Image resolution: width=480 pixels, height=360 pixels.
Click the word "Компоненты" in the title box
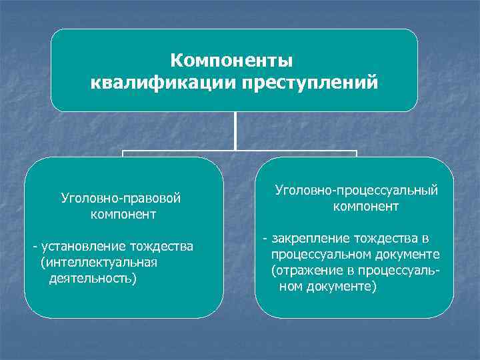coord(231,61)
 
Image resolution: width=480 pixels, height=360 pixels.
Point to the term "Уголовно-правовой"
coord(121,198)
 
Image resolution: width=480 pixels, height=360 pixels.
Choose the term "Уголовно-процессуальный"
coord(357,191)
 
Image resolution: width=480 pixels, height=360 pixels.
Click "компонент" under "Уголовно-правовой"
coord(125,215)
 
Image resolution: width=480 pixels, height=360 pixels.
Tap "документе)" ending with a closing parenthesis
coord(343,287)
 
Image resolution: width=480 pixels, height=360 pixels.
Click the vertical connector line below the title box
coord(235,130)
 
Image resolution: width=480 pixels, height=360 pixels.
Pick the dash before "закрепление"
coord(265,239)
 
